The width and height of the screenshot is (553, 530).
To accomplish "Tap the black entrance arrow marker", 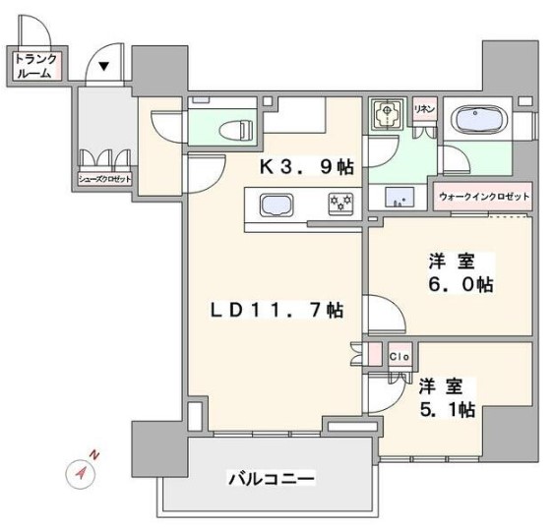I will click(x=103, y=67).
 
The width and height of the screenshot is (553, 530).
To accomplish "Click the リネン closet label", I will click(x=425, y=108).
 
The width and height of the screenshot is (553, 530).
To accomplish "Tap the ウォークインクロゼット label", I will click(x=483, y=197).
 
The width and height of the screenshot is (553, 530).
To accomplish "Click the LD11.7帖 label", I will click(x=275, y=311).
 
